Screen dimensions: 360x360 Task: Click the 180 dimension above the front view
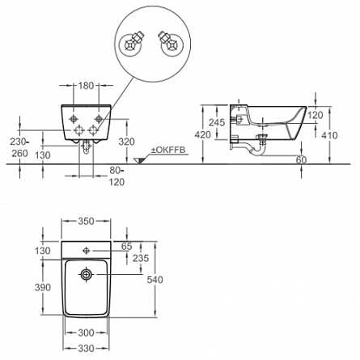[x=87, y=86]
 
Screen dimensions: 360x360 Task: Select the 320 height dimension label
[x=127, y=142]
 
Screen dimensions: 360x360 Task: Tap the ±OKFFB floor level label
[x=168, y=150]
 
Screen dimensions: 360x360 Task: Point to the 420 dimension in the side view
[x=203, y=134]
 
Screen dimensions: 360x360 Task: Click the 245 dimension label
[x=217, y=122]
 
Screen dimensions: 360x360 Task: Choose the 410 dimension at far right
[x=329, y=135]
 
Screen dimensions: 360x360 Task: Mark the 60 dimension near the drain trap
[x=301, y=160]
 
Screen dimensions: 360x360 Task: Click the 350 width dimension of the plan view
[x=87, y=221]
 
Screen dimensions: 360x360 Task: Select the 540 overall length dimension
[x=155, y=280]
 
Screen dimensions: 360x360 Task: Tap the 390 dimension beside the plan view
[x=43, y=287]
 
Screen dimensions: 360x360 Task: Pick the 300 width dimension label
[x=87, y=332]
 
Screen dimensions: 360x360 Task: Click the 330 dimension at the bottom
[x=87, y=349]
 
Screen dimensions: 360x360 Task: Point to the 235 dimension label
[x=141, y=258]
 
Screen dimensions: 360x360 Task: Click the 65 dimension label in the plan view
[x=127, y=246]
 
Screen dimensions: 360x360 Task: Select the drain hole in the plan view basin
[x=87, y=275]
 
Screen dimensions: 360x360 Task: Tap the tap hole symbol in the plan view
[x=87, y=251]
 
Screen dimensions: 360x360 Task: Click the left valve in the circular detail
[x=131, y=44]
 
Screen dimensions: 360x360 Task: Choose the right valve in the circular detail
[x=171, y=43]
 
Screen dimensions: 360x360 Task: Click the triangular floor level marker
[x=139, y=161]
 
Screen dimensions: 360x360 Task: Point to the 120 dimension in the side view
[x=316, y=115]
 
